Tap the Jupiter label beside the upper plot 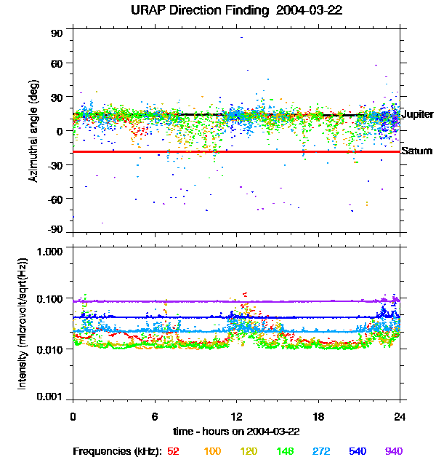(417, 115)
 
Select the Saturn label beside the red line (416, 151)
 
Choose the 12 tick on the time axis (236, 416)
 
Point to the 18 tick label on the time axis (318, 416)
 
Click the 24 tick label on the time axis (400, 416)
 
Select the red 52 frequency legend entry (174, 451)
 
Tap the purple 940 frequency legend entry (393, 451)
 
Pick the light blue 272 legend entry (321, 451)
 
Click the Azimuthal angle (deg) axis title (33, 131)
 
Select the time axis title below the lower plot (236, 432)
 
